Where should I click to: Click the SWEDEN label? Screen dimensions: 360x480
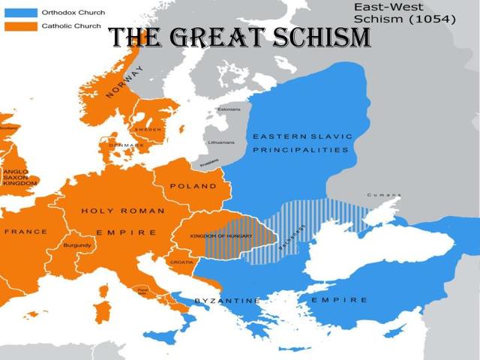click(148, 129)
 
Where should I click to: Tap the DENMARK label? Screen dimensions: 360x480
click(125, 144)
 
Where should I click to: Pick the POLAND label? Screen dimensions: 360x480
click(193, 186)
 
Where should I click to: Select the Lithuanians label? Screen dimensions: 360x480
click(220, 142)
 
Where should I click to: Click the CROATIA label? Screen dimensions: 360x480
click(182, 262)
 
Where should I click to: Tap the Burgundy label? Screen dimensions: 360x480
click(77, 245)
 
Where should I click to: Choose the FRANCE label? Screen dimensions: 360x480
click(25, 232)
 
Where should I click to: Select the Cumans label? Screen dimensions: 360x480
click(383, 196)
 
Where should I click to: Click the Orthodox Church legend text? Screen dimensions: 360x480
click(73, 13)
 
